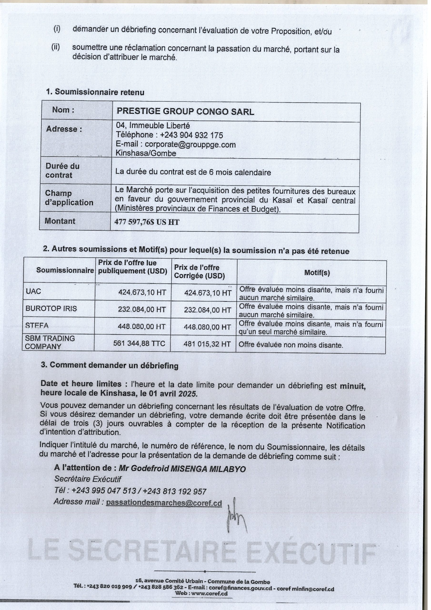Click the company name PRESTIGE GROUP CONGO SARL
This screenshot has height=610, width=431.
[x=185, y=112]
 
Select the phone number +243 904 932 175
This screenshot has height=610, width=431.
[x=191, y=135]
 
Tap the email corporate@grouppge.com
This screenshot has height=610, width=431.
[x=190, y=145]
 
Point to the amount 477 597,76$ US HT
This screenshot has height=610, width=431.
[x=147, y=222]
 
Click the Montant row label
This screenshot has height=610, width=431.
[x=60, y=221]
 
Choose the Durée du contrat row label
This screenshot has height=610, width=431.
[x=62, y=171]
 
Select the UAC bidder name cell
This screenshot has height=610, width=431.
[x=34, y=291]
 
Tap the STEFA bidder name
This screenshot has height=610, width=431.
[x=37, y=325]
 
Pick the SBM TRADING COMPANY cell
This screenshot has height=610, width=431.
[x=50, y=342]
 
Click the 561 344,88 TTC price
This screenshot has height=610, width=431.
[x=139, y=344]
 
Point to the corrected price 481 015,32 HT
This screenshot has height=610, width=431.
[x=207, y=344]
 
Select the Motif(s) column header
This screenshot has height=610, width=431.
[x=317, y=273]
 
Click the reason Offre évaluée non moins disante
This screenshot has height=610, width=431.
[x=291, y=345]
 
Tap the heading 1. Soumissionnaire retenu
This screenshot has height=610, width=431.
[x=95, y=92]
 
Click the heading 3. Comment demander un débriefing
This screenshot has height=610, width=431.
[x=109, y=365]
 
